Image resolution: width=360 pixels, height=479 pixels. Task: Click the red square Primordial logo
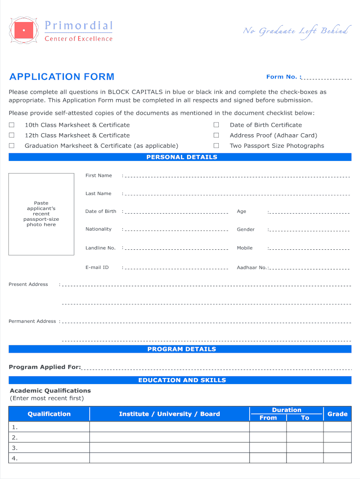(x=24, y=30)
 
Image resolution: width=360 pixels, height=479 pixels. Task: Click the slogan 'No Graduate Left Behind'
(x=295, y=31)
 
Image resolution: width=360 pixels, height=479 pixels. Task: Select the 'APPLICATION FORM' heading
(x=62, y=77)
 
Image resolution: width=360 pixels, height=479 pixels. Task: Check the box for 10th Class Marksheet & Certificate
(x=12, y=125)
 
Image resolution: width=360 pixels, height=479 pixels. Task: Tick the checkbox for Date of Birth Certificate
(x=216, y=125)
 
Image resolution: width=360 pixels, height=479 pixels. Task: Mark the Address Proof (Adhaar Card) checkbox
(x=216, y=135)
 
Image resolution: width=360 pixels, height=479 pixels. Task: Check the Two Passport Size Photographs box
(x=216, y=145)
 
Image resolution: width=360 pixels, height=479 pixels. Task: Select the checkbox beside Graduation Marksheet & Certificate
(x=12, y=145)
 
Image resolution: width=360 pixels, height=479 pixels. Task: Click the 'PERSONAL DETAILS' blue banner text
(x=182, y=157)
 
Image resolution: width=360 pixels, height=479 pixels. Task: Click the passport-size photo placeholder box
(x=41, y=214)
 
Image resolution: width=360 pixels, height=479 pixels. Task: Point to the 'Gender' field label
(x=245, y=229)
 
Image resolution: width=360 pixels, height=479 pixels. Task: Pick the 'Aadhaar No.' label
(x=252, y=268)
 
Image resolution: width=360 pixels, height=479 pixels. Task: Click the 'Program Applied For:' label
(x=45, y=367)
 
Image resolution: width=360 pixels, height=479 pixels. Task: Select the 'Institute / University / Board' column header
(x=169, y=414)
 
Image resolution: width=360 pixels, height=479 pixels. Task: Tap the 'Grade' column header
(x=337, y=414)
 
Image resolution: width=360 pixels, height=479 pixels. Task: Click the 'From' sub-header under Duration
(x=268, y=418)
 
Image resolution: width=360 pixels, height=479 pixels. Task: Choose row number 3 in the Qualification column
(x=15, y=448)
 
